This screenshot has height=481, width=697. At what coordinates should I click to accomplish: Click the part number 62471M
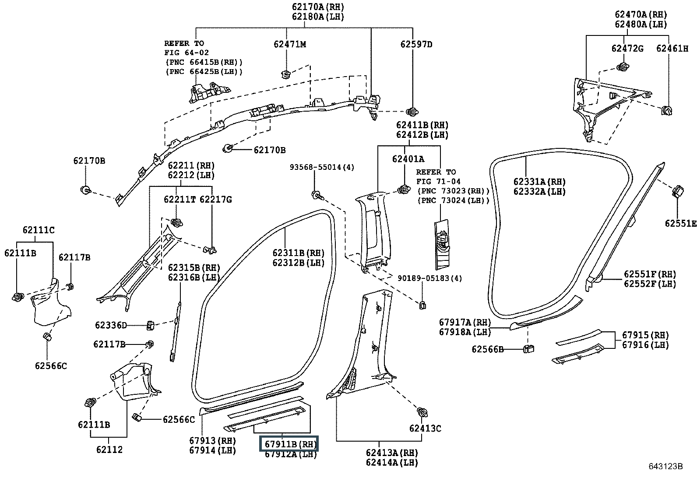[290, 45]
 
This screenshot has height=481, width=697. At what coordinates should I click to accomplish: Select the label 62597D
[416, 45]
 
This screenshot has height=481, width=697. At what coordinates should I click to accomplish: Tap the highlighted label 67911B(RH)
[289, 444]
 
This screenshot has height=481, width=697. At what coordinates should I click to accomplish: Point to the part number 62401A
[408, 159]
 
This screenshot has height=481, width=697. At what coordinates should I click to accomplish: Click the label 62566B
[488, 349]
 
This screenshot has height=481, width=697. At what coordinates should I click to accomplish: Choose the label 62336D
[111, 326]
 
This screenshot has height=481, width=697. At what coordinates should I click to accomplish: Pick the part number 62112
[109, 449]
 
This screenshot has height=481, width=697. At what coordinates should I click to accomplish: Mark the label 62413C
[425, 428]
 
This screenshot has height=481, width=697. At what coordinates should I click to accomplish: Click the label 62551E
[680, 223]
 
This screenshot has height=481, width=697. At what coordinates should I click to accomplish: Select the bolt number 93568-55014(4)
[322, 167]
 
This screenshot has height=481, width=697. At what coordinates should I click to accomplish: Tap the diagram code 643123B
[665, 466]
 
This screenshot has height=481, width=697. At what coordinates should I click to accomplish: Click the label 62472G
[627, 49]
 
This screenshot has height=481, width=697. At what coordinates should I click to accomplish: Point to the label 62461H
[672, 49]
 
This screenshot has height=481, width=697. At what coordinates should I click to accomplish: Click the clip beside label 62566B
[529, 349]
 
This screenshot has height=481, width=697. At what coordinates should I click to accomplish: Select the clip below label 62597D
[412, 111]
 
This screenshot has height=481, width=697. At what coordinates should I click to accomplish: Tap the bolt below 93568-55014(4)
[317, 196]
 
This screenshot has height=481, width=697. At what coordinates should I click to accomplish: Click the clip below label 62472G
[623, 67]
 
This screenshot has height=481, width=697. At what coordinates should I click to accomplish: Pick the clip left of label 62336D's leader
[150, 326]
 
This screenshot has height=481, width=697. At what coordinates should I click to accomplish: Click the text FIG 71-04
[438, 181]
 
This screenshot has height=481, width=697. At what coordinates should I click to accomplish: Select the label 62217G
[216, 200]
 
